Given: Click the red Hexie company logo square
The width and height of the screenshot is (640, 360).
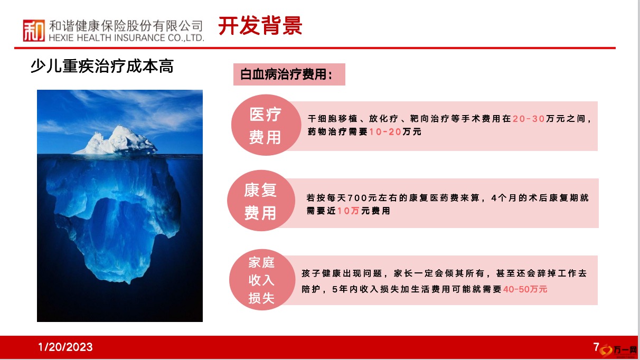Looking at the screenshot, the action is pyautogui.click(x=34, y=30).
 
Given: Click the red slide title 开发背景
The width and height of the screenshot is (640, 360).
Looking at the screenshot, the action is pyautogui.click(x=260, y=26).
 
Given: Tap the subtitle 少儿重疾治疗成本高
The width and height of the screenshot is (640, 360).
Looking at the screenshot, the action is pyautogui.click(x=102, y=66).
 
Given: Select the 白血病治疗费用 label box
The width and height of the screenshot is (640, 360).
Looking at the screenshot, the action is pyautogui.click(x=289, y=74).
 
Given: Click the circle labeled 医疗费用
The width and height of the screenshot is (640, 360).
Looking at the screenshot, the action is pyautogui.click(x=266, y=125).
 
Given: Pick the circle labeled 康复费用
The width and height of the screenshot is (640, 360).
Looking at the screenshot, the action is pyautogui.click(x=261, y=201).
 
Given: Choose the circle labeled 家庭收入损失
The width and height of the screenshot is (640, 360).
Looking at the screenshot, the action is pyautogui.click(x=262, y=280).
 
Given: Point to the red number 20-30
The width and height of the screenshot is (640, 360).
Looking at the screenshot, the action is pyautogui.click(x=529, y=119).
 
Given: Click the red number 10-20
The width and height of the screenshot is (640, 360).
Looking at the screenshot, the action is pyautogui.click(x=385, y=132).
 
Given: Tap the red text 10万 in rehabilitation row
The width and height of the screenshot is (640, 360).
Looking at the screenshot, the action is pyautogui.click(x=349, y=211).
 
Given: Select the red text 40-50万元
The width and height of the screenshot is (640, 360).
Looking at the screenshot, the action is pyautogui.click(x=525, y=289).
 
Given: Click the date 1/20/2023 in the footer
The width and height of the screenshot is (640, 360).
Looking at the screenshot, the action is pyautogui.click(x=65, y=347).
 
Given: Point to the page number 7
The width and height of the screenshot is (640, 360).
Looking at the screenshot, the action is pyautogui.click(x=596, y=347).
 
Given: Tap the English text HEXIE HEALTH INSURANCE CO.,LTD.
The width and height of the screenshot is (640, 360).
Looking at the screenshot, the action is pyautogui.click(x=126, y=37).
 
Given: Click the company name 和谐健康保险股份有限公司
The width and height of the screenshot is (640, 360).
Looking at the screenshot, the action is pyautogui.click(x=126, y=26).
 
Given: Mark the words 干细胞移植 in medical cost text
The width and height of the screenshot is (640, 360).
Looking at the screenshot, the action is pyautogui.click(x=333, y=119).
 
